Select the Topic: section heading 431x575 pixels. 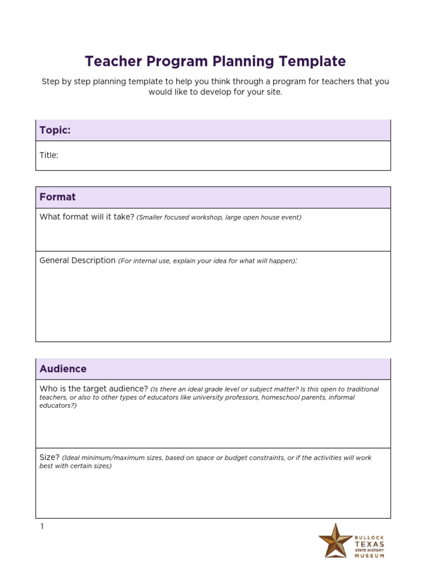click(x=55, y=130)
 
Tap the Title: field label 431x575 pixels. click(x=49, y=156)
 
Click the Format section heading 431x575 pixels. click(x=57, y=197)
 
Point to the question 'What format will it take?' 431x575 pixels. click(x=87, y=217)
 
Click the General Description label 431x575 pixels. click(x=77, y=261)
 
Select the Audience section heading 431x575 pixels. click(x=63, y=369)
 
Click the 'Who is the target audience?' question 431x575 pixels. click(x=94, y=389)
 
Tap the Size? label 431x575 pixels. click(x=49, y=458)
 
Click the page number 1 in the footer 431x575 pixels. click(x=42, y=527)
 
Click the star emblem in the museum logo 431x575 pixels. click(x=336, y=540)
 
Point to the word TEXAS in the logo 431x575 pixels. click(x=369, y=545)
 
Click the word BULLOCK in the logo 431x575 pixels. click(x=370, y=537)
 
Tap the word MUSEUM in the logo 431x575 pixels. click(x=370, y=556)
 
